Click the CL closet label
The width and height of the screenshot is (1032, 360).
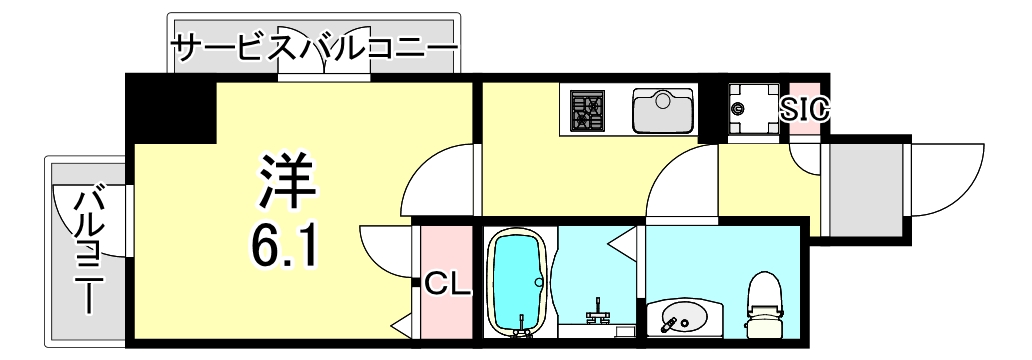point(447,285)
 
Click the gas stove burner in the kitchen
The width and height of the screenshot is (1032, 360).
point(588,110)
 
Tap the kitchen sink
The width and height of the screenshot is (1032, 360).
point(663,109)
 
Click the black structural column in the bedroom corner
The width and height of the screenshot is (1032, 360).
point(171,109)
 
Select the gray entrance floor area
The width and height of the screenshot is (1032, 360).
point(864,190)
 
